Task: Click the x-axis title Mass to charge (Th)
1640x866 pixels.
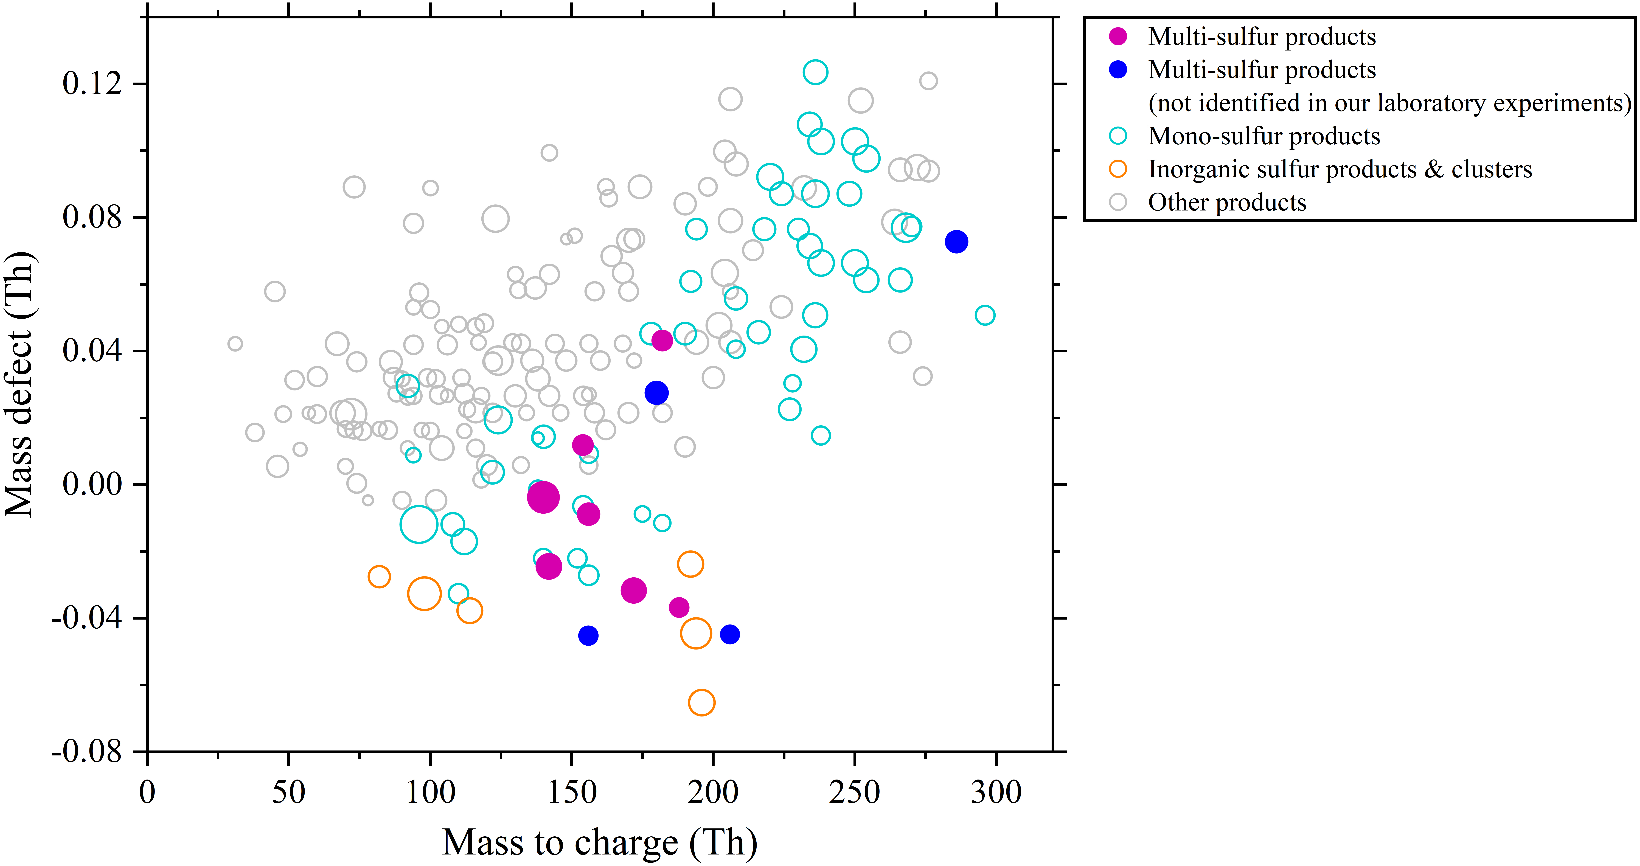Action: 600,843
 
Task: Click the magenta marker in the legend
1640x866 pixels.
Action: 1118,36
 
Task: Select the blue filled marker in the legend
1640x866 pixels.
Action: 1118,69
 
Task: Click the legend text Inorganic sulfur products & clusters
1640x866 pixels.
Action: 1340,169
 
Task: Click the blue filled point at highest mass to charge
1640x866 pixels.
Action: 956,241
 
